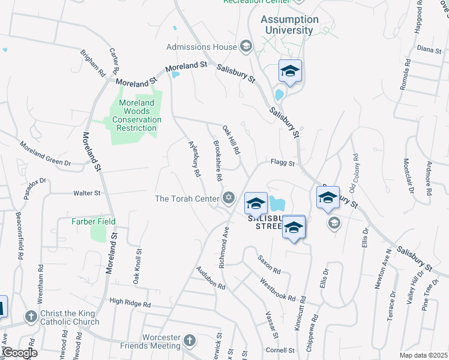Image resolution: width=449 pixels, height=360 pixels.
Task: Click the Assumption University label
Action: [287, 25]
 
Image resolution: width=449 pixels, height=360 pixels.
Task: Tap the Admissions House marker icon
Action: [246, 46]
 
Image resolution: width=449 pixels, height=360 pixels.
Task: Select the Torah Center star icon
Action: [228, 197]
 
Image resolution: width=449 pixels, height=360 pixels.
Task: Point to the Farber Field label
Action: [93, 221]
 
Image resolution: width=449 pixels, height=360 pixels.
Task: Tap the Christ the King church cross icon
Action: [31, 316]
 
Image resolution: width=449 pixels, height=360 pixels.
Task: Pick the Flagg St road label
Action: [282, 163]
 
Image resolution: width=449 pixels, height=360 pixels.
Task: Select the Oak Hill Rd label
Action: [231, 139]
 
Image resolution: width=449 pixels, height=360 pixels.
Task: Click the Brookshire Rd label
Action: [218, 161]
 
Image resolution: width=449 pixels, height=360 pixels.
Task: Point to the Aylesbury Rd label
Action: [194, 158]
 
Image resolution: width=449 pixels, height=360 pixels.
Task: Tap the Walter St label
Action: [86, 193]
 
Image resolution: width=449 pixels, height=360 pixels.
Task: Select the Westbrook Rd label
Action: [278, 289]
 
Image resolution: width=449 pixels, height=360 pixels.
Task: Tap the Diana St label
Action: [429, 49]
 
